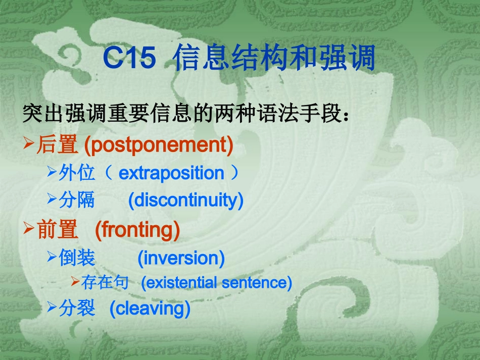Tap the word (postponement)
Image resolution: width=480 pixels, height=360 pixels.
point(159,145)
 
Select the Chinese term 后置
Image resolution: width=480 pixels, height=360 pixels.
point(57,145)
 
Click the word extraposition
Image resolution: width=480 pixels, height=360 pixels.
point(171,173)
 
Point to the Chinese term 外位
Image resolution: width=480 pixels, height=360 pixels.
point(77,173)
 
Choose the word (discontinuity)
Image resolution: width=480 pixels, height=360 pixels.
point(185,200)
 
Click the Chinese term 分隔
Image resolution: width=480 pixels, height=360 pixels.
point(77,200)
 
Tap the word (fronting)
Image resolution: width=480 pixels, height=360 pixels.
point(137,230)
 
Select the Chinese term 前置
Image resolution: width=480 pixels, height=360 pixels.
point(57,230)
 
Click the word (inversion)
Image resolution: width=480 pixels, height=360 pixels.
point(181,258)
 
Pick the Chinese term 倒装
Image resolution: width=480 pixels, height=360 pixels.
point(77,258)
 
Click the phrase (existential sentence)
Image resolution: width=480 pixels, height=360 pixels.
point(216,282)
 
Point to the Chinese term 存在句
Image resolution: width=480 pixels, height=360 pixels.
point(105,282)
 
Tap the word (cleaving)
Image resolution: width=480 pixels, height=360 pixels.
point(150,308)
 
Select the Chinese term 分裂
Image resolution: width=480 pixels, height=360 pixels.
point(77,308)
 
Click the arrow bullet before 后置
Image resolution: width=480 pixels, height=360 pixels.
point(29,145)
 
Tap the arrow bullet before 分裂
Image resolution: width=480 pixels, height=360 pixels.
point(52,307)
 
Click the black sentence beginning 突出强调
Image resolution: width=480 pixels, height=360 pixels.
point(185,115)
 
